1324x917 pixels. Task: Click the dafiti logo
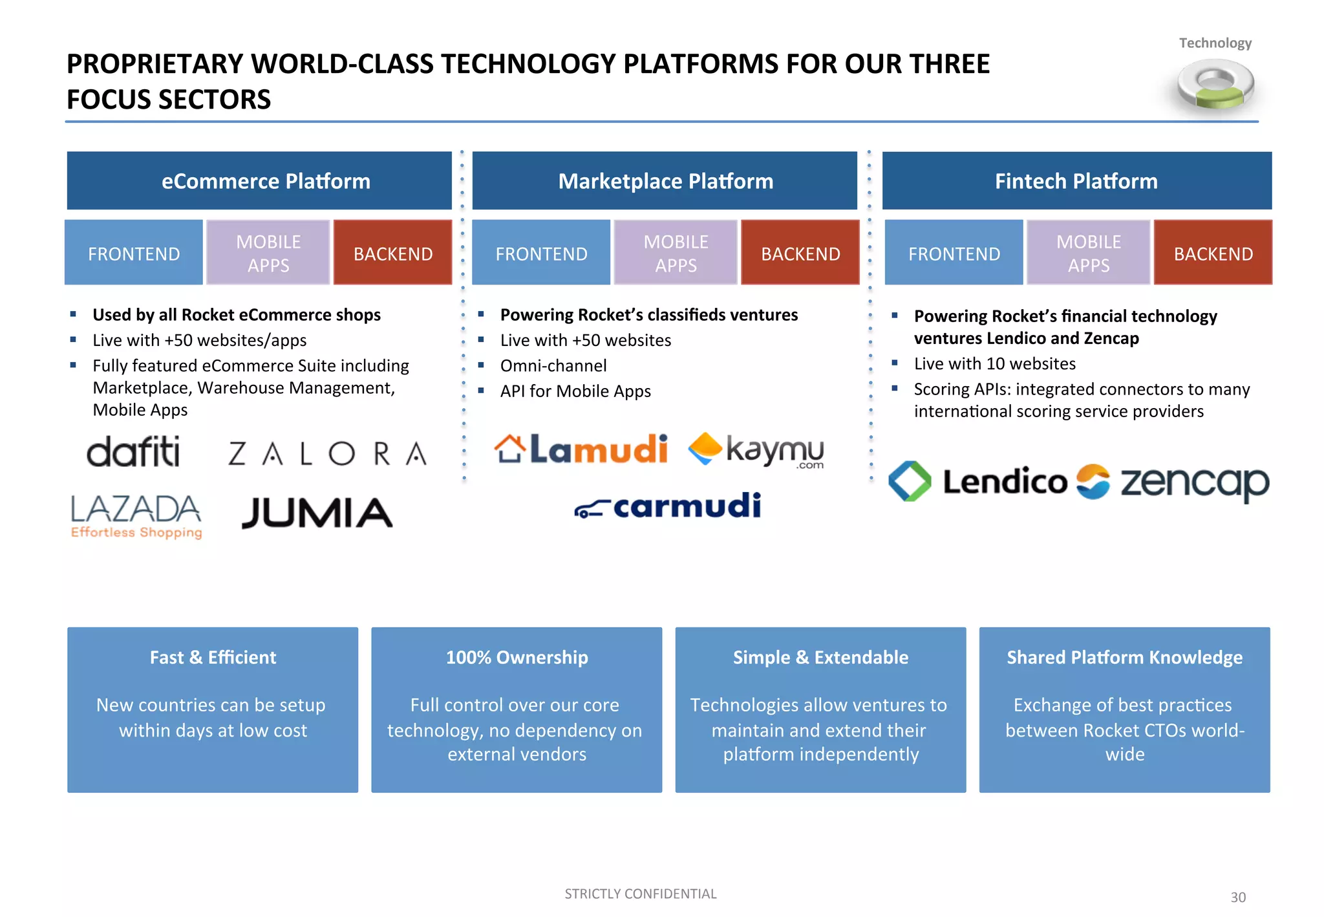(133, 451)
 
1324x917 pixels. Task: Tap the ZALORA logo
(327, 453)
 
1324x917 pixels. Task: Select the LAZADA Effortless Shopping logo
(136, 515)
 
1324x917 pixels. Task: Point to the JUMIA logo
(317, 513)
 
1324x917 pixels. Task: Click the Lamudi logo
(581, 449)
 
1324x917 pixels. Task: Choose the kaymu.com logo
(756, 449)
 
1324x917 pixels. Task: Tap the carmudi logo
(668, 506)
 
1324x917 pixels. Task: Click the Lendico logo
(977, 482)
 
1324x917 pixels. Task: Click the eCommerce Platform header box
(259, 180)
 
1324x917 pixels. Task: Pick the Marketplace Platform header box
(665, 180)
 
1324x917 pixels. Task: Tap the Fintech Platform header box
(1076, 180)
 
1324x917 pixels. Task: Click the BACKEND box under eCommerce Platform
(392, 253)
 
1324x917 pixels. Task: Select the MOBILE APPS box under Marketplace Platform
(676, 253)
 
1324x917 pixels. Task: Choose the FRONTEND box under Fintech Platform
(954, 253)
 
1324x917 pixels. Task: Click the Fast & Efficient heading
(213, 657)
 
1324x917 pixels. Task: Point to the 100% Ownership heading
(517, 657)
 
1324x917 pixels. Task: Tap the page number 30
(1238, 897)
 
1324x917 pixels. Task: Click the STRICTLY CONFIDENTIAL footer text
(640, 894)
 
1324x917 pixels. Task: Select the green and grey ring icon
(1215, 85)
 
